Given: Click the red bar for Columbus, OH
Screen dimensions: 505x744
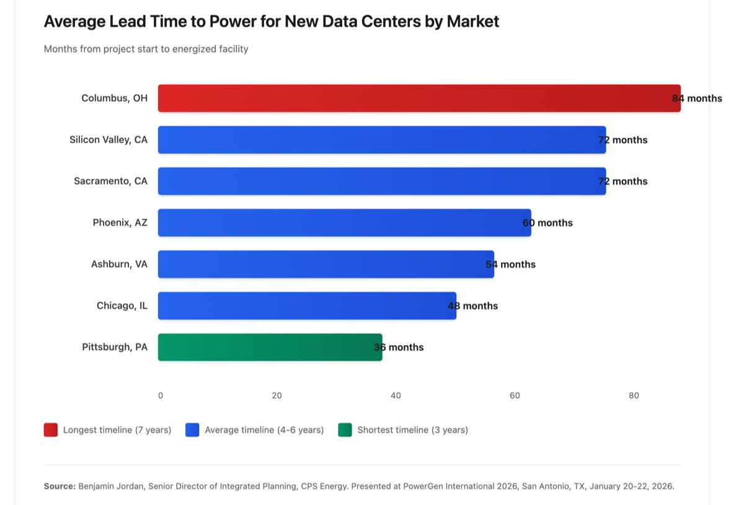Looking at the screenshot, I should tap(418, 99).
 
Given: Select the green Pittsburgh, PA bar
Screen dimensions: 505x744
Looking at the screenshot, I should tap(270, 347).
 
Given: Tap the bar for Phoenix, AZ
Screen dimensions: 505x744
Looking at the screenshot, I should tap(344, 222).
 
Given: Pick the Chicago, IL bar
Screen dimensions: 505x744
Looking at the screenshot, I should tap(307, 305).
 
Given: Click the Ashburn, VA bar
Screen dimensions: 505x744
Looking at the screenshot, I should tap(325, 264).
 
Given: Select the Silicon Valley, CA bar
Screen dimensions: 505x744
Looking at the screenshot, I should tap(381, 140).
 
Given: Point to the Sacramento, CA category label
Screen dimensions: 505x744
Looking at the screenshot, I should tap(110, 181).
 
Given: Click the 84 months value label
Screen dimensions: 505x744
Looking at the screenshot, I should tap(697, 99).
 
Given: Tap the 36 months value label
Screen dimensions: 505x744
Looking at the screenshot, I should tap(399, 347).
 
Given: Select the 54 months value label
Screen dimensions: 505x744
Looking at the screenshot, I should tap(510, 264).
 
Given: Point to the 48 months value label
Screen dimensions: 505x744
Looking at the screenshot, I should tap(472, 305).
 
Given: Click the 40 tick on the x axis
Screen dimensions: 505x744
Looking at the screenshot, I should tap(396, 395).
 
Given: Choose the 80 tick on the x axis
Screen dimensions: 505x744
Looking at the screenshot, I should tap(634, 395).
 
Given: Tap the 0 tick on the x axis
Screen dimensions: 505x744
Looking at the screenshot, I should tap(161, 395).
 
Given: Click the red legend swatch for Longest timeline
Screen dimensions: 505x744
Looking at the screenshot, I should tap(51, 429).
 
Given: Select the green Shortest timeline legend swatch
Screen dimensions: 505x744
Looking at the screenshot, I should tap(345, 429).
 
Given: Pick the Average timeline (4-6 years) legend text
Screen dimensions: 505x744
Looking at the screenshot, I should tap(264, 429).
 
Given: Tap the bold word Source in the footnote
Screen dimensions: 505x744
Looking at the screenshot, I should tap(59, 486).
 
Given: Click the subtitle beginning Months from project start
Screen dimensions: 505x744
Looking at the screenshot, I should tap(146, 49).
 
